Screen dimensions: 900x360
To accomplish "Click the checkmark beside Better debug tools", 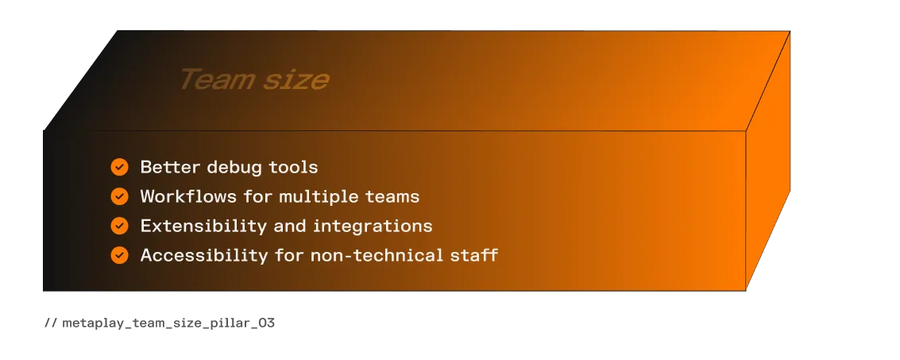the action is click(x=119, y=167).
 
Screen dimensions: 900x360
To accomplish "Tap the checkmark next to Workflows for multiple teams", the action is click(x=119, y=196).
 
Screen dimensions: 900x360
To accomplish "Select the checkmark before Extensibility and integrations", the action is click(x=119, y=226).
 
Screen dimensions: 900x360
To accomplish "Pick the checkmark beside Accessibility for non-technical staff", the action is click(x=119, y=255).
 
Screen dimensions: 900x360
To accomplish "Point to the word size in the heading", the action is click(x=297, y=80).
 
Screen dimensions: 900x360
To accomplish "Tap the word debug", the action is click(x=230, y=168).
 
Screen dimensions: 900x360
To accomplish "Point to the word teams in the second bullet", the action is click(x=392, y=197).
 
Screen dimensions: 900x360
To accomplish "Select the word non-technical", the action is click(x=377, y=255).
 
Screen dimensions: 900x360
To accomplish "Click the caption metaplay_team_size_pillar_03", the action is click(x=168, y=323).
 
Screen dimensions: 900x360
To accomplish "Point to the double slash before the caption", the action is click(x=51, y=323).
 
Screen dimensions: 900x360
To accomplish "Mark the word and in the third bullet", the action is click(x=290, y=226).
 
